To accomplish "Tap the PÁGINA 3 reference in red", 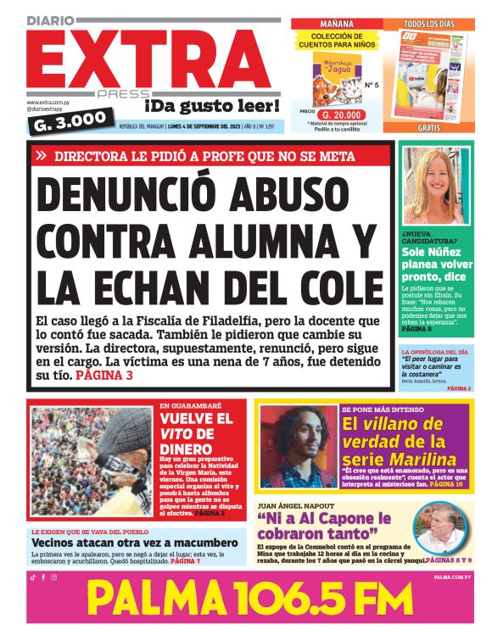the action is click(104, 374).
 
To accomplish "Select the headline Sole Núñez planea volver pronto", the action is click(436, 264).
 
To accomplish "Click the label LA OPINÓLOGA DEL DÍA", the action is click(433, 351).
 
